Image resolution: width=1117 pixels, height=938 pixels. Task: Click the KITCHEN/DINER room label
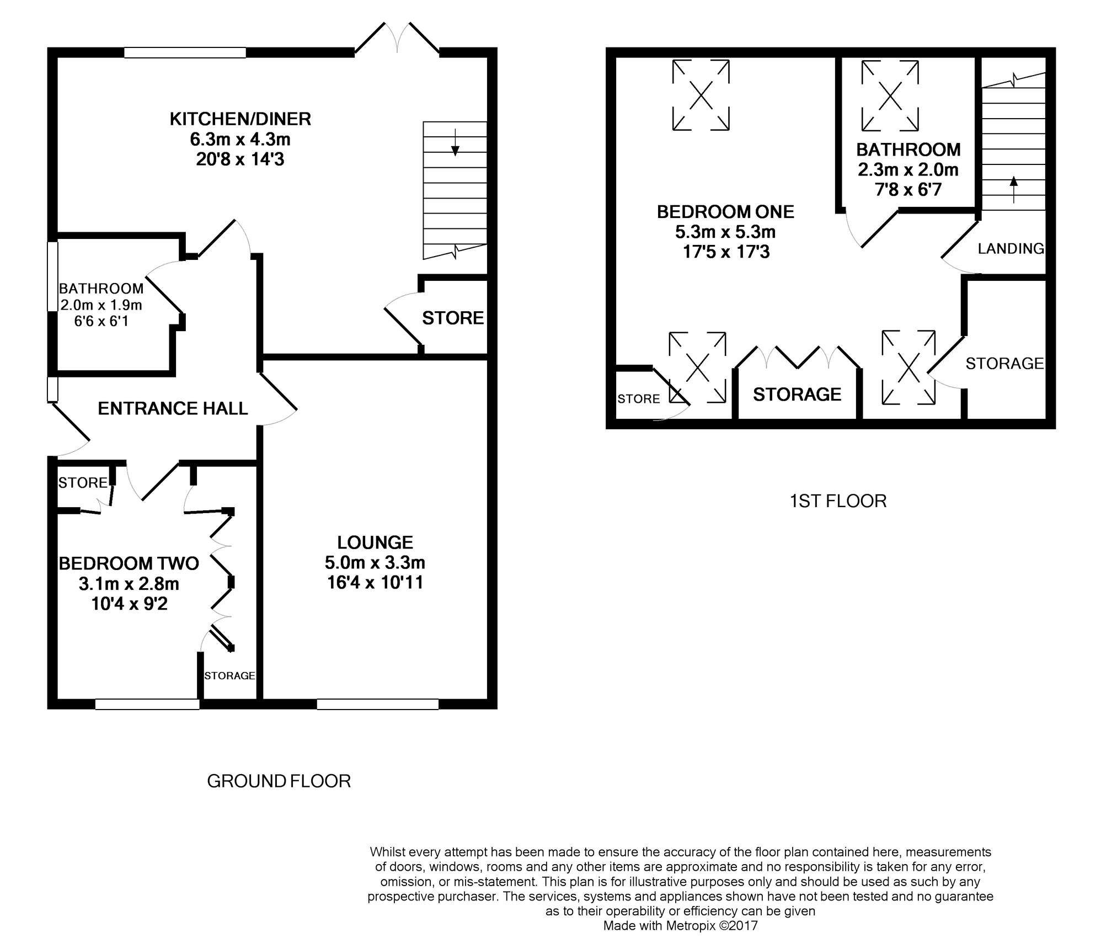240,119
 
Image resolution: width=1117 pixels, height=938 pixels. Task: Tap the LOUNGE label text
375,542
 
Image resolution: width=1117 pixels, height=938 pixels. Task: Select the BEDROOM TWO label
129,563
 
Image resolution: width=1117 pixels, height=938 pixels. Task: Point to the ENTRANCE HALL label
173,408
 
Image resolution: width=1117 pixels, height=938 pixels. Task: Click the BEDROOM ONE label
725,211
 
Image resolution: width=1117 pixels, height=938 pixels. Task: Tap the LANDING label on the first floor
1011,249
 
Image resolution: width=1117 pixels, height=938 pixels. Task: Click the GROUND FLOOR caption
279,781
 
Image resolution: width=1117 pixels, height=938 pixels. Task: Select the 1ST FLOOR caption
838,501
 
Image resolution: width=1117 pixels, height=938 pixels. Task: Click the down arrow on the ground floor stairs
455,142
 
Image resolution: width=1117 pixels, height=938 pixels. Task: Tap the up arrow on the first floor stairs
1013,189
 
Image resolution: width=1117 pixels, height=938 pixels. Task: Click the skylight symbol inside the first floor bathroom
890,96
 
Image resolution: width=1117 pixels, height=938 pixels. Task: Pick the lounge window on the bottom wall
378,704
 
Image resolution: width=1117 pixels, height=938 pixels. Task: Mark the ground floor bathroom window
52,276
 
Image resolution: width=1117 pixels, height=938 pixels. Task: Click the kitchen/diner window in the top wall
185,52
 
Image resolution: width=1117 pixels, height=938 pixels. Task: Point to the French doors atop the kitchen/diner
397,39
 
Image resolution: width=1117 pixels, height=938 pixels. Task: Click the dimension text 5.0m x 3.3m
375,563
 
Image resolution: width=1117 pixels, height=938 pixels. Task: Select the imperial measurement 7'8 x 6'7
908,190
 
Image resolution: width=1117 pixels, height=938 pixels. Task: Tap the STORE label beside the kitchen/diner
453,318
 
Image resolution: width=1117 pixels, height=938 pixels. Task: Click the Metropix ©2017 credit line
680,925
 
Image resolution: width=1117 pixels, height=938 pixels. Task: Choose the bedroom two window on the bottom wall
147,704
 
